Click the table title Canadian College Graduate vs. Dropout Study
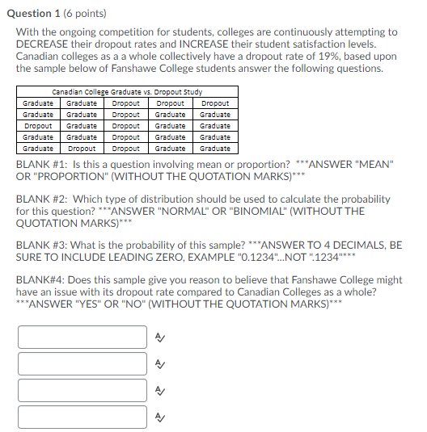coord(127,92)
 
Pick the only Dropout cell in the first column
coord(38,126)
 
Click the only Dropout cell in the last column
coord(214,103)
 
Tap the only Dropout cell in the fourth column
coord(170,103)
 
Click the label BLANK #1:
coord(40,164)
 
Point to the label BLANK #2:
coord(40,199)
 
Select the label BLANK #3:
coord(40,244)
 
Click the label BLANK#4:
coord(40,279)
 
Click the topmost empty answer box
coord(82,337)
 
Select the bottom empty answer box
coord(82,417)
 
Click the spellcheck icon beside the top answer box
coord(160,338)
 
